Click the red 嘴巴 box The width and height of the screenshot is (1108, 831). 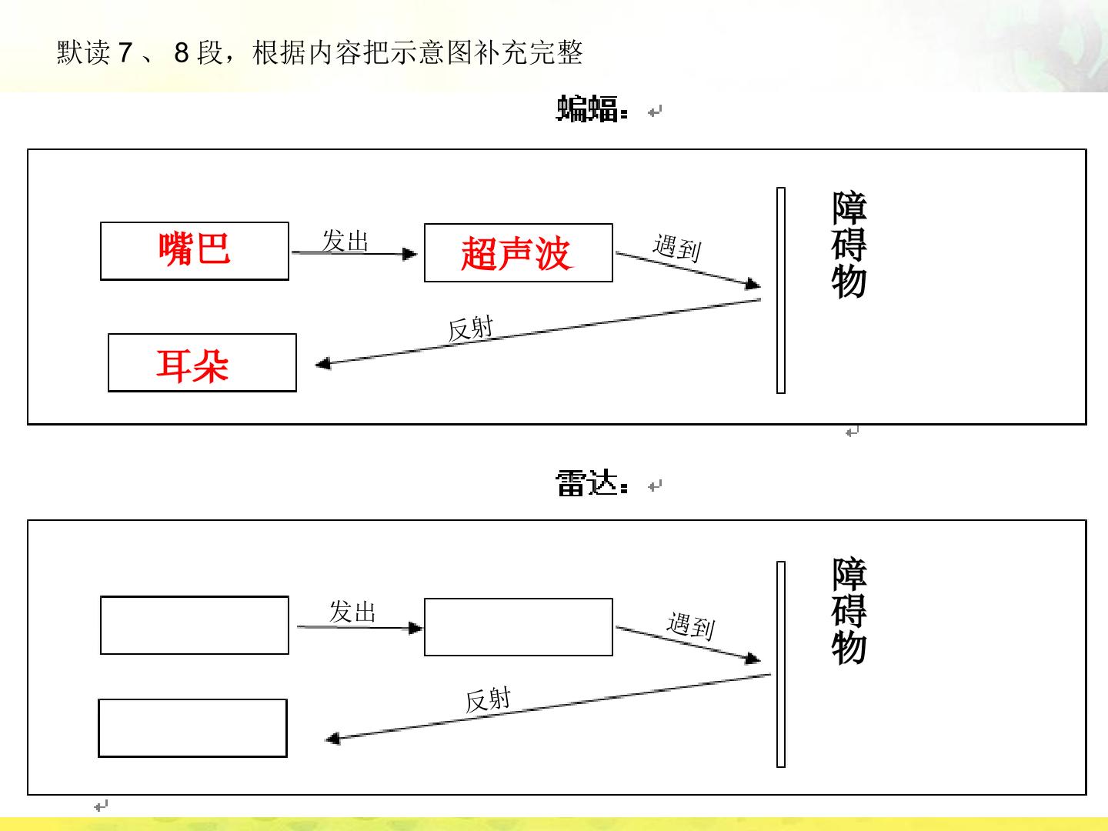point(195,251)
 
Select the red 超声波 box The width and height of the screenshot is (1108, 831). point(519,252)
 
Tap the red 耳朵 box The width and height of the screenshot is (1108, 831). point(202,362)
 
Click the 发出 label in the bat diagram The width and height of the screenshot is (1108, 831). point(345,240)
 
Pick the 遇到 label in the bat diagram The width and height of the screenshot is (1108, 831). point(677,247)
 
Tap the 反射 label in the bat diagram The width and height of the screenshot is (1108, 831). point(470,328)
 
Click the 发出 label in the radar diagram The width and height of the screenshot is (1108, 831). point(352,612)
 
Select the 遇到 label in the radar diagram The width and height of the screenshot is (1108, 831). point(690,626)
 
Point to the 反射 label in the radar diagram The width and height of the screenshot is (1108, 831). point(488,700)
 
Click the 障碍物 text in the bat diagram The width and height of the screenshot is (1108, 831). point(849,244)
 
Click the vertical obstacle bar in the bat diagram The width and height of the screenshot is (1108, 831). point(781,290)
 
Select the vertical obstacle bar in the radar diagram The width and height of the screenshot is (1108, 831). point(781,665)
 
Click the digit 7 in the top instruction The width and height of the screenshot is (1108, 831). point(125,52)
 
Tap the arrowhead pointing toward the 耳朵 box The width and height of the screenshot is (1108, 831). point(323,363)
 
